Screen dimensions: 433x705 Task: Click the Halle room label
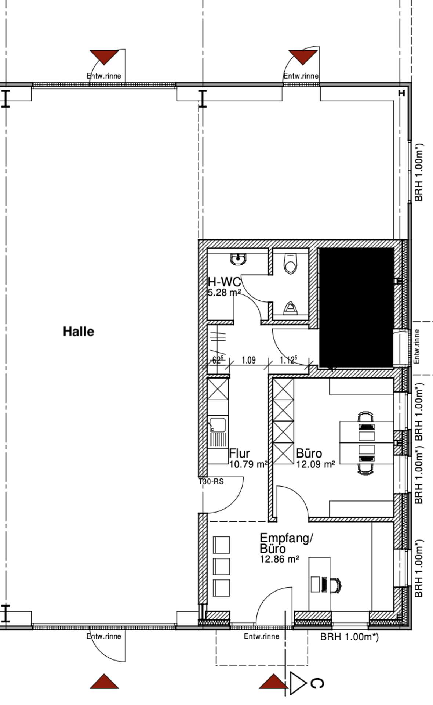tap(79, 332)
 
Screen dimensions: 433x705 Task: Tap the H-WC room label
tap(224, 282)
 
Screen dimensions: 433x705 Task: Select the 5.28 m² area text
tap(224, 293)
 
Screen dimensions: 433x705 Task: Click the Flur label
tap(239, 453)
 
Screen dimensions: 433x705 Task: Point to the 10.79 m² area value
tap(248, 464)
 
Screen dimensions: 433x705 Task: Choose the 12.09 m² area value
tap(316, 464)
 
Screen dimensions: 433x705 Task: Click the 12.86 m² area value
tap(279, 559)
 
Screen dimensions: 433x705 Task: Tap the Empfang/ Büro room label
tap(286, 543)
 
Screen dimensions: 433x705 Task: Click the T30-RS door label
tap(211, 481)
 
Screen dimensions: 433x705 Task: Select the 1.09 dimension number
tap(248, 360)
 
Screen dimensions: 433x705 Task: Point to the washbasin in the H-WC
tap(238, 259)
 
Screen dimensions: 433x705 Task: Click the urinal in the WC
tap(290, 308)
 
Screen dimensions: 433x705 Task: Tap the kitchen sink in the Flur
tap(218, 425)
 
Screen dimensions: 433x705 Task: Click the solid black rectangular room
tap(356, 307)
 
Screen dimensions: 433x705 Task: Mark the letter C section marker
tap(317, 683)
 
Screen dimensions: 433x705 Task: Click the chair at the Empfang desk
tap(335, 585)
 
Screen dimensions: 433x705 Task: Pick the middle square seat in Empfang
tap(221, 567)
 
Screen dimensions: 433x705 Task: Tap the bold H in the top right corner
tap(401, 93)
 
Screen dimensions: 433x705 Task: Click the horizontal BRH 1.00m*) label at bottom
tap(349, 636)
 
